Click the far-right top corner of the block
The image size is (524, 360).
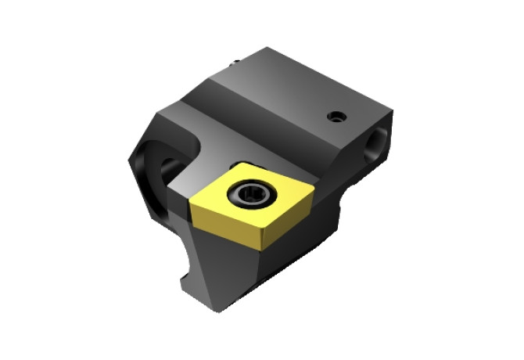pos(391,110)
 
